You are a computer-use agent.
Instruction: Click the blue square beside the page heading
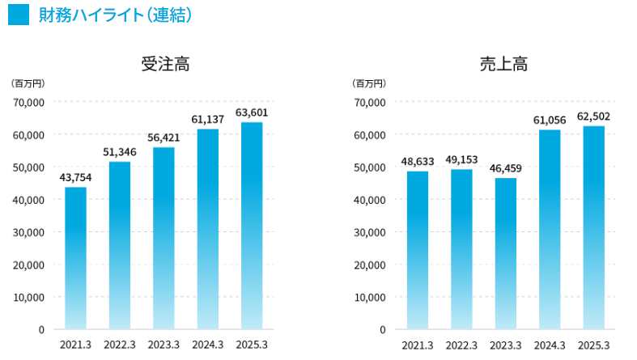[x=19, y=15]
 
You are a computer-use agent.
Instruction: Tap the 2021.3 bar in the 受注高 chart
[x=76, y=258]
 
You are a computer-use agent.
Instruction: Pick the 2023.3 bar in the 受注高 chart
[x=163, y=238]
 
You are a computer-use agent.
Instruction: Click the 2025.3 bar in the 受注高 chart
[x=252, y=226]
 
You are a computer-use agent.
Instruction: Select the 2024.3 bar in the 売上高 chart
[x=550, y=230]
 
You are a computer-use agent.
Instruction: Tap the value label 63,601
[x=252, y=112]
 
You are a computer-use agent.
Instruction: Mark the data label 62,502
[x=593, y=116]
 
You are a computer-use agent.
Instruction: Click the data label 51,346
[x=120, y=152]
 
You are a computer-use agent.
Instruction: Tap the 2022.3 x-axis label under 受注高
[x=120, y=345]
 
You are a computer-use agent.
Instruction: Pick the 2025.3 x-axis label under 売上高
[x=593, y=345]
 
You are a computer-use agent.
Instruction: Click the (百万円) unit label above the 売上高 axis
[x=369, y=83]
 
